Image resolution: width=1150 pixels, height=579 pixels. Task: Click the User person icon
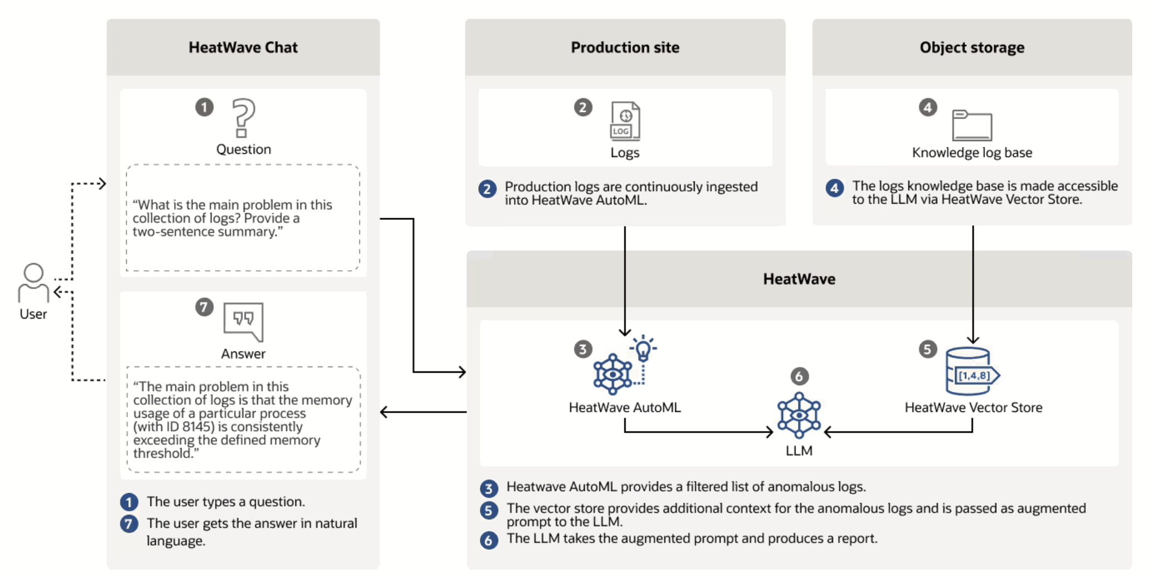(x=33, y=282)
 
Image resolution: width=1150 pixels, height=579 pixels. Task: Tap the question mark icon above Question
(x=243, y=118)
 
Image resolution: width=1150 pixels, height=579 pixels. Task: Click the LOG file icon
(x=625, y=120)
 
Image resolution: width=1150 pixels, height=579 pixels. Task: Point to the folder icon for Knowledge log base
(x=972, y=125)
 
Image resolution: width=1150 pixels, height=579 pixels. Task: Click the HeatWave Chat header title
(x=243, y=48)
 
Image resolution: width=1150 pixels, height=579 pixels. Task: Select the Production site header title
(x=625, y=48)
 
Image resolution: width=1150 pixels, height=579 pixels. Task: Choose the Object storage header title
(x=972, y=48)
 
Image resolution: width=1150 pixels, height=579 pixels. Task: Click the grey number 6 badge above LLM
(x=799, y=376)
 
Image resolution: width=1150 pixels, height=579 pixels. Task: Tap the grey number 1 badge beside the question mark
(x=204, y=107)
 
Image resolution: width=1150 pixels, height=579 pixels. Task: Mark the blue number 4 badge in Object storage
(x=835, y=188)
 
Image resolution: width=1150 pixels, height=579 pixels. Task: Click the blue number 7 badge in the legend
(x=129, y=523)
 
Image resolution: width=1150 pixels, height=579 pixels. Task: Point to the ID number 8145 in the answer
(x=198, y=427)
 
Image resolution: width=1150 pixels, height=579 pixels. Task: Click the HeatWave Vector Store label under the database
(x=973, y=407)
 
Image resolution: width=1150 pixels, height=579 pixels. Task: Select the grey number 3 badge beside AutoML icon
(x=583, y=349)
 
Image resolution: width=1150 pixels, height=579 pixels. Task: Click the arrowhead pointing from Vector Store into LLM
(x=827, y=432)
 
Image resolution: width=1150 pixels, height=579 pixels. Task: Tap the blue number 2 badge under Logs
(x=488, y=189)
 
